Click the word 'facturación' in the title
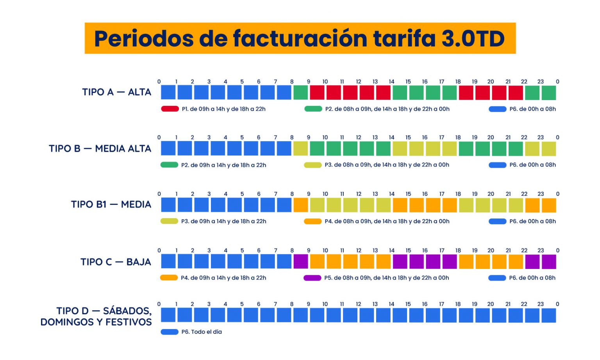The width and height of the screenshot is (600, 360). click(300, 38)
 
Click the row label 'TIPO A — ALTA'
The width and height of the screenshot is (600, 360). click(116, 92)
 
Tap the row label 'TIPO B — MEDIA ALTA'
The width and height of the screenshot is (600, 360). click(100, 149)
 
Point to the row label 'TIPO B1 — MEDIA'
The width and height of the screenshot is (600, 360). click(111, 204)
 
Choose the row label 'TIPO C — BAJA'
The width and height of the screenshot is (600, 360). click(116, 262)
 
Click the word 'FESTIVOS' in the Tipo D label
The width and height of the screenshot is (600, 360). click(129, 322)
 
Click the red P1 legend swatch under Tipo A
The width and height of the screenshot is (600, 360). click(170, 109)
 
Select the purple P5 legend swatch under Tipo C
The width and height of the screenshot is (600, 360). click(312, 278)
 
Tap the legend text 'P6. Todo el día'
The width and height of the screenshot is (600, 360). click(202, 332)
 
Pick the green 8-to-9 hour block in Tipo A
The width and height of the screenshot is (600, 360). click(300, 93)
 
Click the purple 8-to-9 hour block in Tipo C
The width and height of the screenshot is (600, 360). click(300, 261)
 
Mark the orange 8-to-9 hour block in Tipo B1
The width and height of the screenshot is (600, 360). click(300, 205)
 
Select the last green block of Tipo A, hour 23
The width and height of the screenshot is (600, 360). click(549, 93)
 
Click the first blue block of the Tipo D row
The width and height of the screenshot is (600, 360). click(168, 315)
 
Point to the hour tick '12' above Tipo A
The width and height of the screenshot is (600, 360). click(358, 82)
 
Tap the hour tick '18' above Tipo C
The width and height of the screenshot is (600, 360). click(458, 251)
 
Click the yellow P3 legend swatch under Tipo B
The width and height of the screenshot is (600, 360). click(313, 165)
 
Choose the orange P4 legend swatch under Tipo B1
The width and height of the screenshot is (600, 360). click(313, 221)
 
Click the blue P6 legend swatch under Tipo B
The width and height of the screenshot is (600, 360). click(497, 165)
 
